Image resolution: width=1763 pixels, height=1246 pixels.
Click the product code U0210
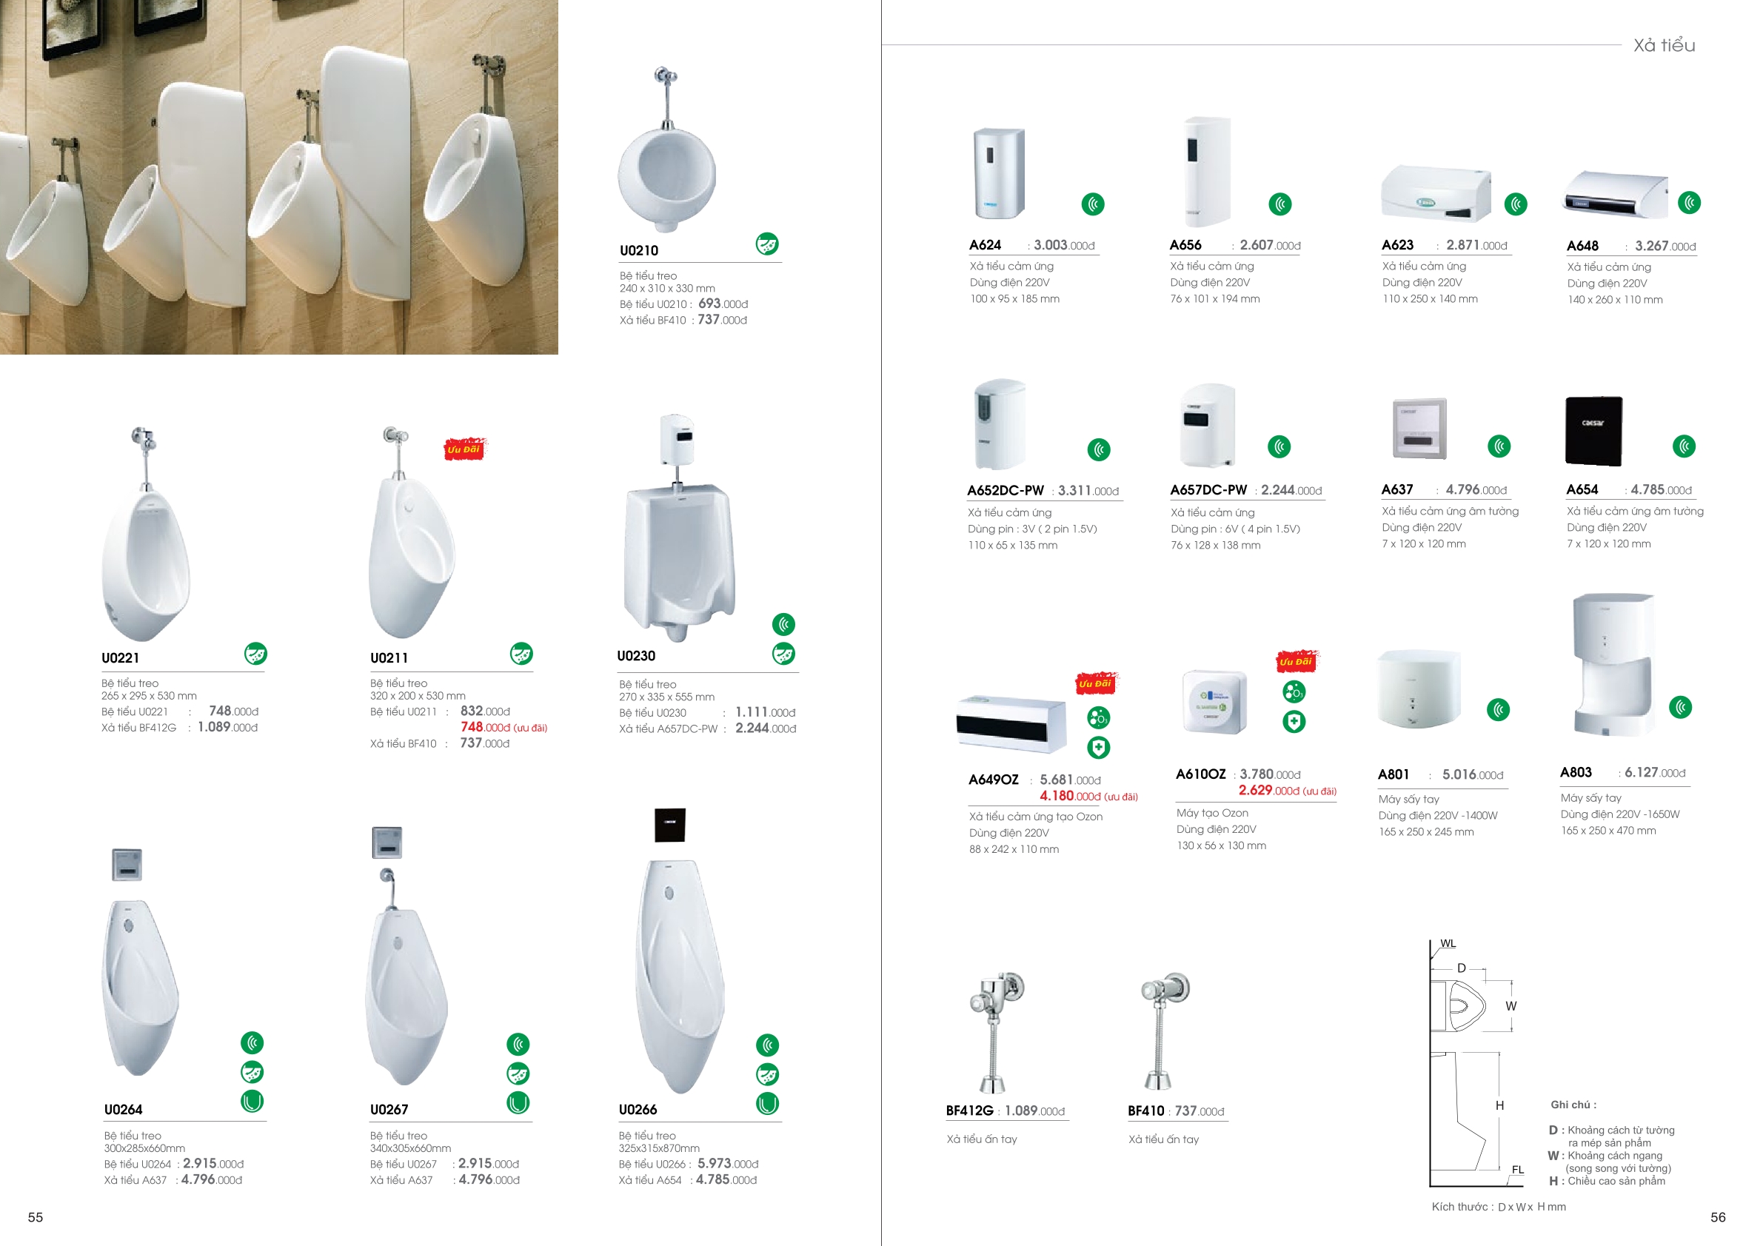coord(639,250)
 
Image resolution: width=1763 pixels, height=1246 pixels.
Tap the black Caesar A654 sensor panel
coord(1593,431)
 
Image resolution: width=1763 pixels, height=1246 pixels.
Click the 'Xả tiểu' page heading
coord(1664,45)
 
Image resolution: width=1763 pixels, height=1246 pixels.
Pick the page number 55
coord(36,1217)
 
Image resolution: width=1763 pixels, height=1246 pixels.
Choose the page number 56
coord(1718,1217)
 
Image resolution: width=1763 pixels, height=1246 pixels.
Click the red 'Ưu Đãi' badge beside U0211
coord(464,449)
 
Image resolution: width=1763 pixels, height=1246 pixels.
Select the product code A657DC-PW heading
coord(1208,490)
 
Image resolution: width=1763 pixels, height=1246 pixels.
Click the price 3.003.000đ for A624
coord(1064,245)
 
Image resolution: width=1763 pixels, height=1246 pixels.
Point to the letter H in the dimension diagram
coord(1499,1105)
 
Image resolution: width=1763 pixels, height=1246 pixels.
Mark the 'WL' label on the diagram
coord(1448,943)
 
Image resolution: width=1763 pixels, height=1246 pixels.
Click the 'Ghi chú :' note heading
coord(1573,1105)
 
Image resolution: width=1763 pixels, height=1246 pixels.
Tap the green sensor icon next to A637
coord(1499,446)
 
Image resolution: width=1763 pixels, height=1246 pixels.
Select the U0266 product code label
coord(638,1109)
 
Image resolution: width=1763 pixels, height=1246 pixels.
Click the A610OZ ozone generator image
coord(1214,702)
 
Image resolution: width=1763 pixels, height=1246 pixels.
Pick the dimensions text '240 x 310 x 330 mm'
coord(667,289)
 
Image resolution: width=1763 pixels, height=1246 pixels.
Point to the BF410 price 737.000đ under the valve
coord(1200,1111)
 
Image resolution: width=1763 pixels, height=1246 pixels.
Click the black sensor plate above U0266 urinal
coord(669,825)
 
